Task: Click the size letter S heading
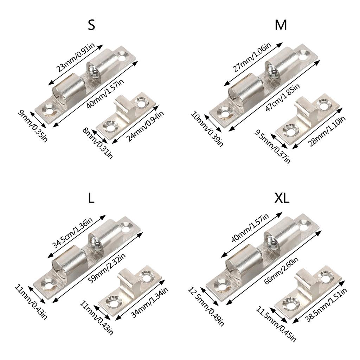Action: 91,25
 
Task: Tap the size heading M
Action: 281,25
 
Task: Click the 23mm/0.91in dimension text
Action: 75,58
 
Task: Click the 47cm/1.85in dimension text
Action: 282,97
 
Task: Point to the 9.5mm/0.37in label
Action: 272,146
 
